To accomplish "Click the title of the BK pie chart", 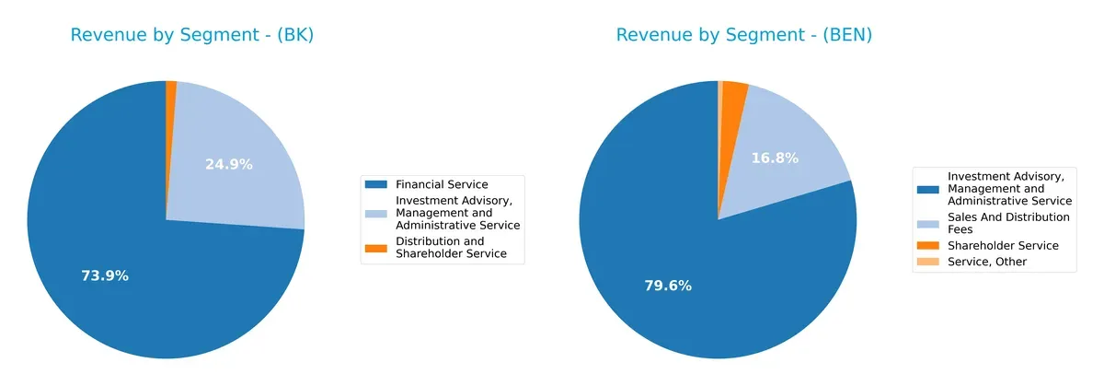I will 192,36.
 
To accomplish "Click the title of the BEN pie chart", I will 743,36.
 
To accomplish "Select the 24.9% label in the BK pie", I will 228,165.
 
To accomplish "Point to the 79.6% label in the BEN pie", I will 667,286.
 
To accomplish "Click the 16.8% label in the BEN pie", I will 774,158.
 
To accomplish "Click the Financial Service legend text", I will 441,184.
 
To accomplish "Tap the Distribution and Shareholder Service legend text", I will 451,248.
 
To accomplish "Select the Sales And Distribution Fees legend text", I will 1008,223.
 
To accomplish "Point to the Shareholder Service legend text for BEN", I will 1003,245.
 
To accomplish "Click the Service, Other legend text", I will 986,262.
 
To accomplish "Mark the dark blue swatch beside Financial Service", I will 376,184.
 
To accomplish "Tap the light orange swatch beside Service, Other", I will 928,262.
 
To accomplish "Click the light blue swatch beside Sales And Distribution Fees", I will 928,223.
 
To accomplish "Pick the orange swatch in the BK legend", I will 376,248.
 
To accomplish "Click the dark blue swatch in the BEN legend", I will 928,188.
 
